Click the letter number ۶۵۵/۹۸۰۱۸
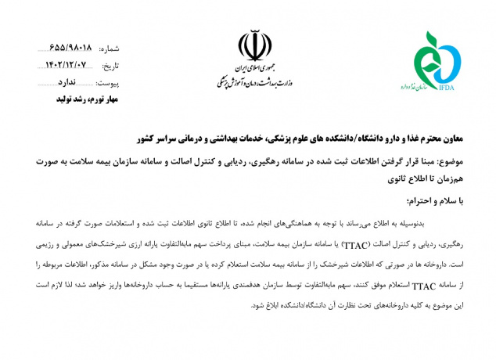pyautogui.click(x=70, y=47)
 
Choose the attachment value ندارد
pyautogui.click(x=68, y=82)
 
